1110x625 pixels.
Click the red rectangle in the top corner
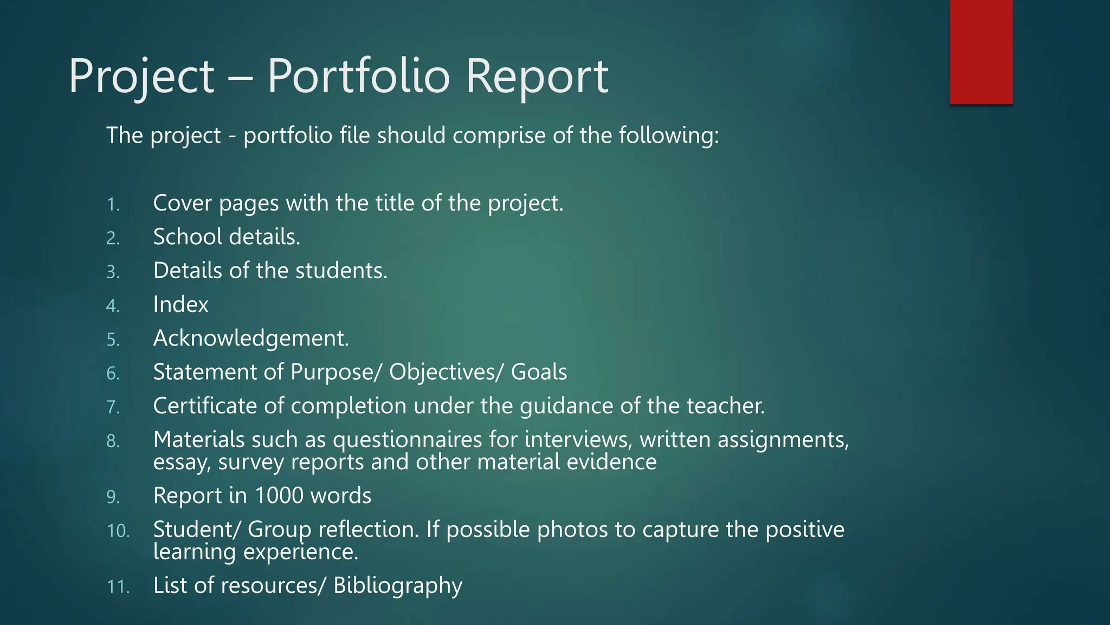click(x=981, y=52)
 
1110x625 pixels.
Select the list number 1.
click(x=113, y=205)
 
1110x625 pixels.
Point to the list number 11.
click(x=118, y=586)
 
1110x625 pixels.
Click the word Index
click(x=180, y=304)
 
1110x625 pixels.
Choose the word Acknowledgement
click(x=251, y=339)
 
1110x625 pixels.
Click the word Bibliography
click(x=398, y=585)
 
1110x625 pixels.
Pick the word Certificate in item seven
click(x=205, y=406)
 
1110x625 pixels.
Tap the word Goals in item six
click(x=539, y=372)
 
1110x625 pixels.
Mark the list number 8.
click(x=113, y=441)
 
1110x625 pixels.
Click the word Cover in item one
click(x=182, y=203)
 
